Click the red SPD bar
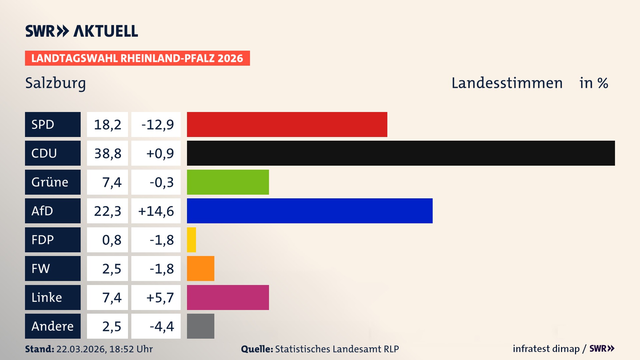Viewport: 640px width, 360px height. (287, 124)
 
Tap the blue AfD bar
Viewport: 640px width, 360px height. (309, 211)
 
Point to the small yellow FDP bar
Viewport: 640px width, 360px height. (191, 240)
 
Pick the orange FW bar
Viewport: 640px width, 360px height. (200, 268)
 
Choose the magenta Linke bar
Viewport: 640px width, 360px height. (228, 297)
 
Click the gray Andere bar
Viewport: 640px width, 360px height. (200, 326)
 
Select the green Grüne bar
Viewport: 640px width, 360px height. (228, 182)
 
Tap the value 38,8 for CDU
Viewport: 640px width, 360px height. (107, 153)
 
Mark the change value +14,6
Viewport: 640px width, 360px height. (156, 211)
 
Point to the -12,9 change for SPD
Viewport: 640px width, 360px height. (157, 125)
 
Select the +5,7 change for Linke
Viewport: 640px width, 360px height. (160, 297)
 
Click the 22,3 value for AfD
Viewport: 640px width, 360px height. (107, 211)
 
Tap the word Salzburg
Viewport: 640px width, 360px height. (55, 83)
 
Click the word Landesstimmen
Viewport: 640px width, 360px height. (507, 83)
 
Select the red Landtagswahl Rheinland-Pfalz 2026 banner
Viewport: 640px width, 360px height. (137, 58)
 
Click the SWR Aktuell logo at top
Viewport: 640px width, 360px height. (81, 31)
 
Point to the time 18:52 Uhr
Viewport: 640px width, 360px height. (131, 349)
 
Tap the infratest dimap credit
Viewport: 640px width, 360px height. (546, 349)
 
